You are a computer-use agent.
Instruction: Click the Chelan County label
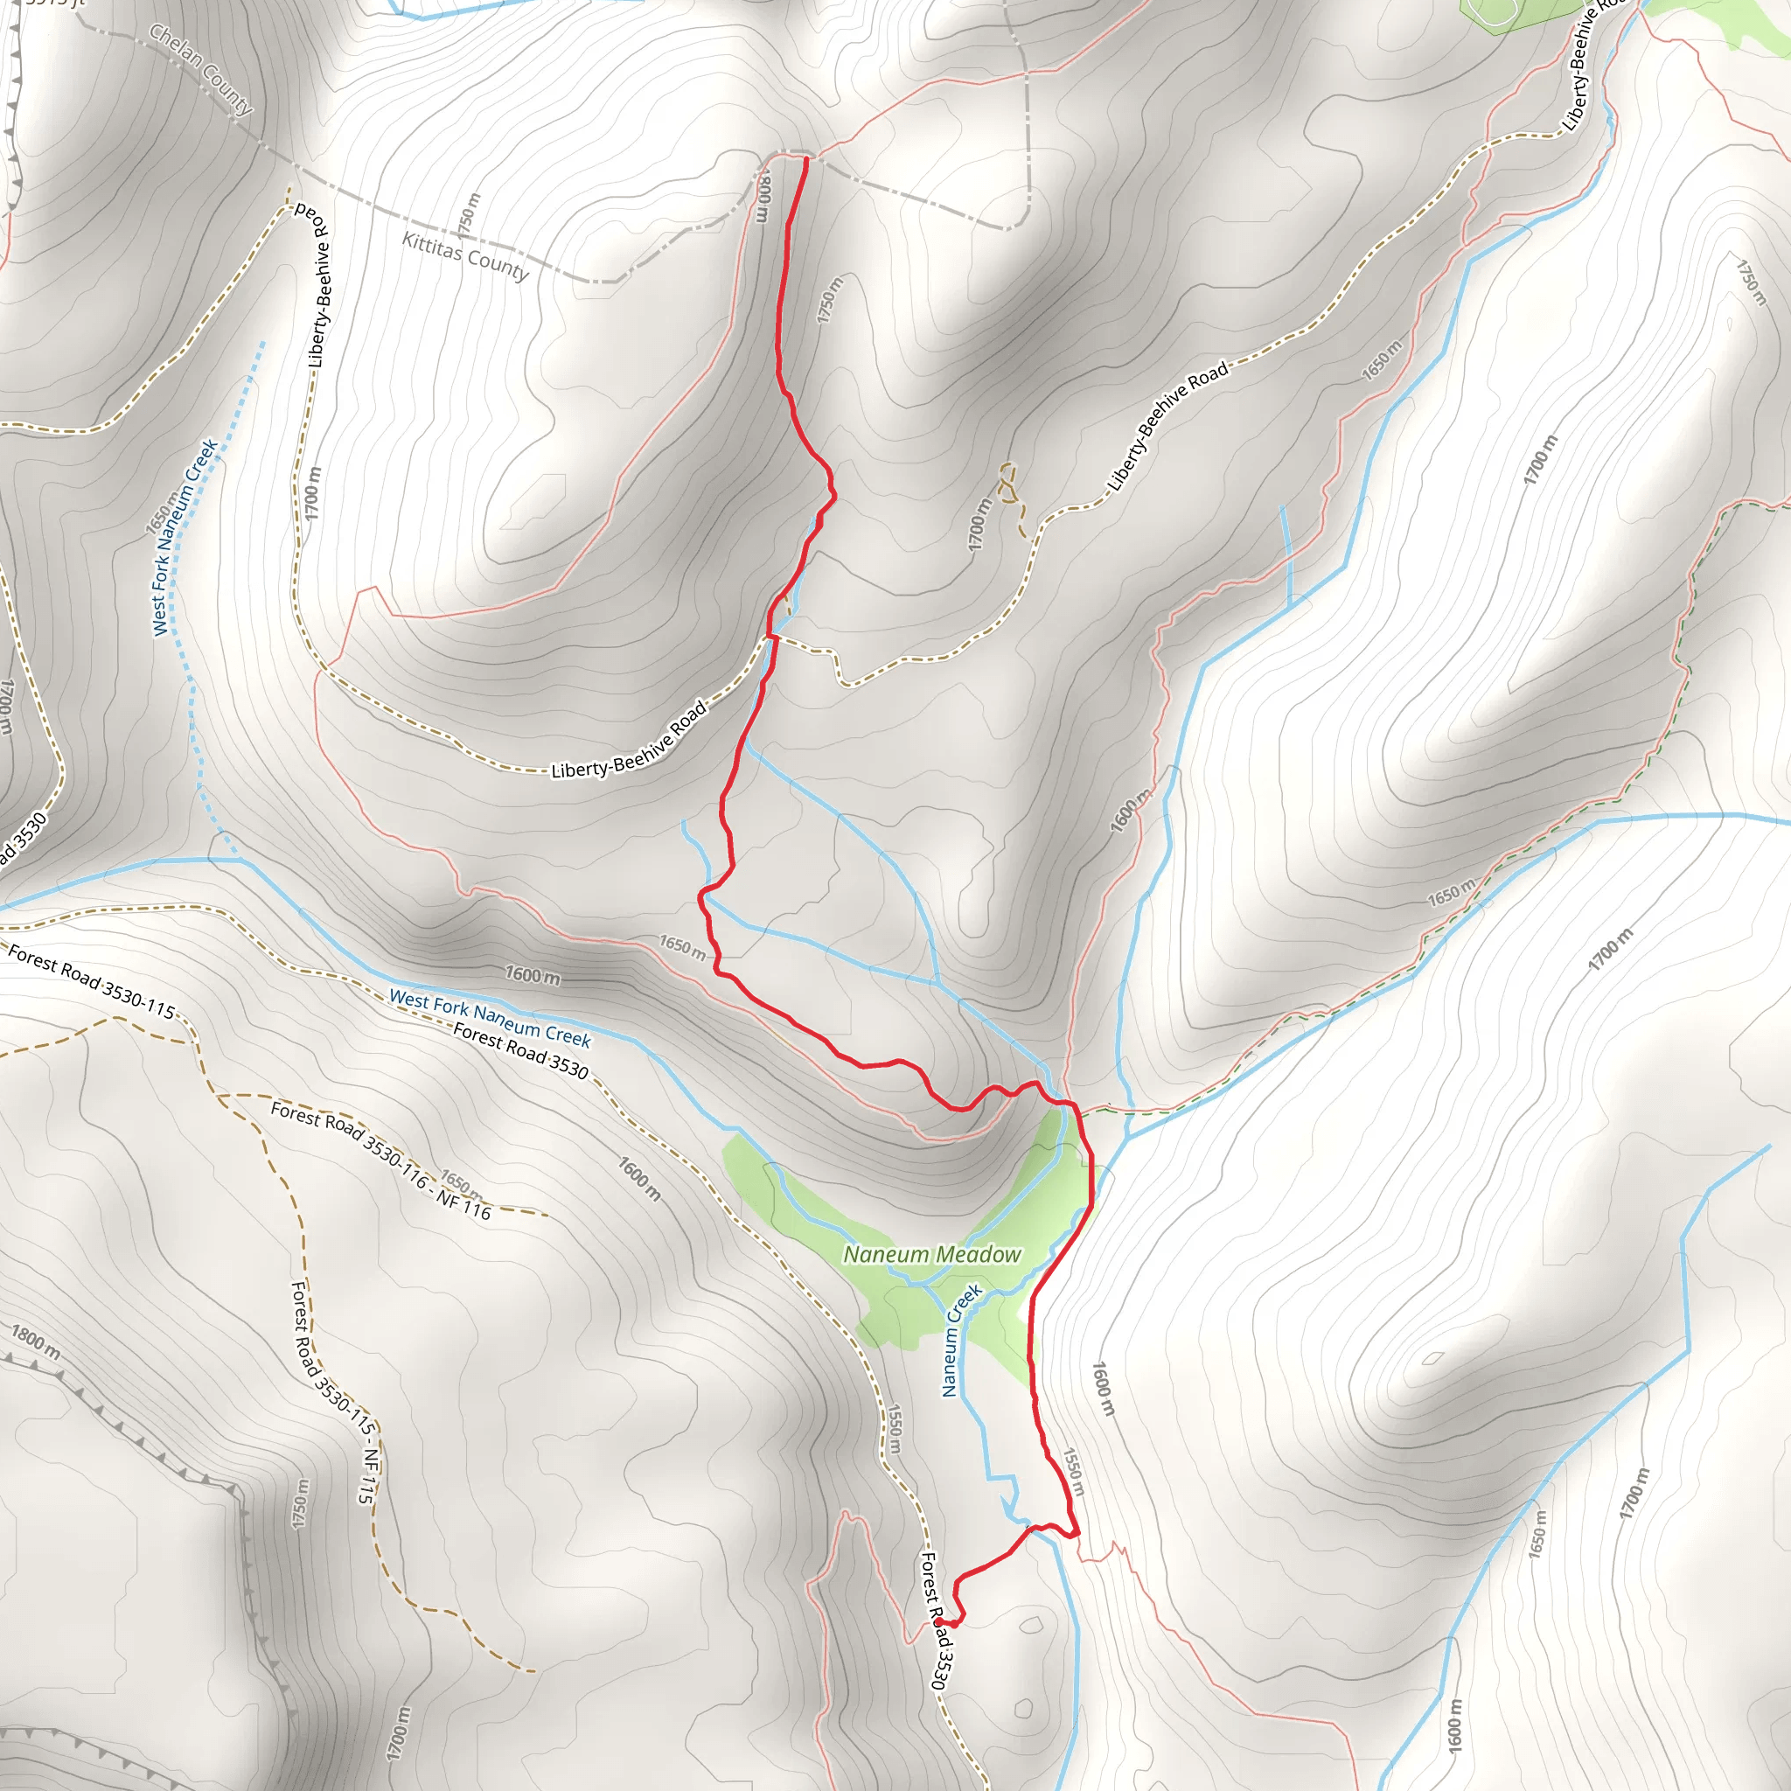coord(201,71)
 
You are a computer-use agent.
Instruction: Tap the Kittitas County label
coord(464,255)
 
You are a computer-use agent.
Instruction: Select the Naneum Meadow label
coord(931,1254)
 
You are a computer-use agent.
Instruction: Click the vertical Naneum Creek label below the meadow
coord(960,1340)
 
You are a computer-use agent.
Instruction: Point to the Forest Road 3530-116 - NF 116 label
coord(380,1159)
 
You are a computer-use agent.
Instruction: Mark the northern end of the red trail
coord(805,159)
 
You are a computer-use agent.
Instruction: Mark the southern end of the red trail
coord(938,1621)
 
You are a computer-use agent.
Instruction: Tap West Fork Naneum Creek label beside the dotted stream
coord(185,537)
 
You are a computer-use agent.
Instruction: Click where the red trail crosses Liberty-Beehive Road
coord(770,637)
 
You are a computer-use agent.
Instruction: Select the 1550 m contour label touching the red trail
coord(1072,1471)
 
